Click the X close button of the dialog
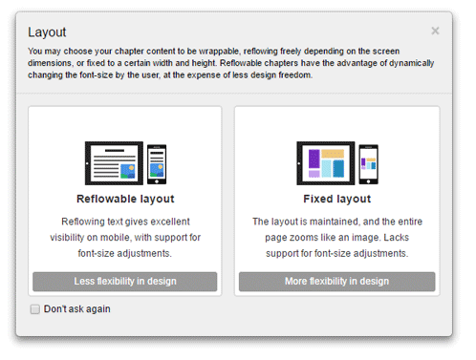(435, 31)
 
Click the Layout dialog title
(47, 32)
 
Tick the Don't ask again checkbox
(35, 309)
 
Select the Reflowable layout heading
(125, 199)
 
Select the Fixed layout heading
(337, 199)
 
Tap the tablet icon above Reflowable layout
(114, 163)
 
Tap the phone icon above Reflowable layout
(157, 164)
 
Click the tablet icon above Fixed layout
(326, 163)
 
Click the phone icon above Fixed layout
(369, 164)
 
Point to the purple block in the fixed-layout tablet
(314, 159)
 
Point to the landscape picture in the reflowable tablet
(128, 171)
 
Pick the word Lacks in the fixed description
(396, 238)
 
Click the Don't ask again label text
(77, 309)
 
